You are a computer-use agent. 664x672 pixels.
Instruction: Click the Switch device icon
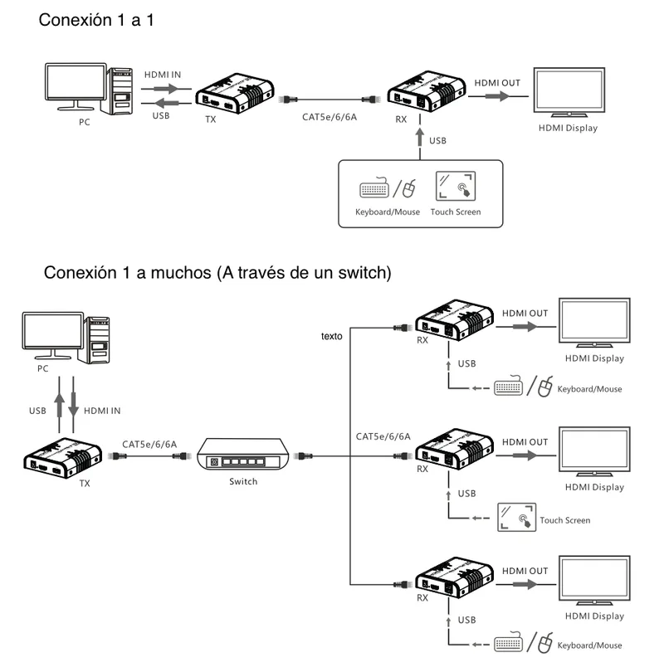pos(243,455)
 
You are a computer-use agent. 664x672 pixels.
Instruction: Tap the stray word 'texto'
pos(332,336)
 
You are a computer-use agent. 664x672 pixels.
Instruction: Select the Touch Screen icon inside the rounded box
pos(455,186)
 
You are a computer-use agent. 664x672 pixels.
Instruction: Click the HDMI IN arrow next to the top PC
pos(166,89)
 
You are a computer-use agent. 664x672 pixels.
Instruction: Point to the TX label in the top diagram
pos(211,119)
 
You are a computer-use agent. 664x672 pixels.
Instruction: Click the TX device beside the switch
pos(63,457)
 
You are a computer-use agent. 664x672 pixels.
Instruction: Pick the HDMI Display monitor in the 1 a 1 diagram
pos(569,92)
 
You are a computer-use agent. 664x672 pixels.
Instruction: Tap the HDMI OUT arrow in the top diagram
pos(498,96)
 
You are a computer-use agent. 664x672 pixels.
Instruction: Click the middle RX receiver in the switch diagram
pos(454,449)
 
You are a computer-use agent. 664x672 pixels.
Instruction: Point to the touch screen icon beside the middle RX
pos(516,518)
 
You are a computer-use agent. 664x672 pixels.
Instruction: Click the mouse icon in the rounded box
pos(409,188)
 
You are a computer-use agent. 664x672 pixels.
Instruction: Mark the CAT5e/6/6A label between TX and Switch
pos(149,444)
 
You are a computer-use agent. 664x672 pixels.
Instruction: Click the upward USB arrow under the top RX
pos(420,137)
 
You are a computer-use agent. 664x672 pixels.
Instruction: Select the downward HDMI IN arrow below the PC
pos(73,405)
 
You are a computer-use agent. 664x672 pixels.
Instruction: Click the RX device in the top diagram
pos(427,91)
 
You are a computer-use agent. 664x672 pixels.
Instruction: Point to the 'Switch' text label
pos(243,481)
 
